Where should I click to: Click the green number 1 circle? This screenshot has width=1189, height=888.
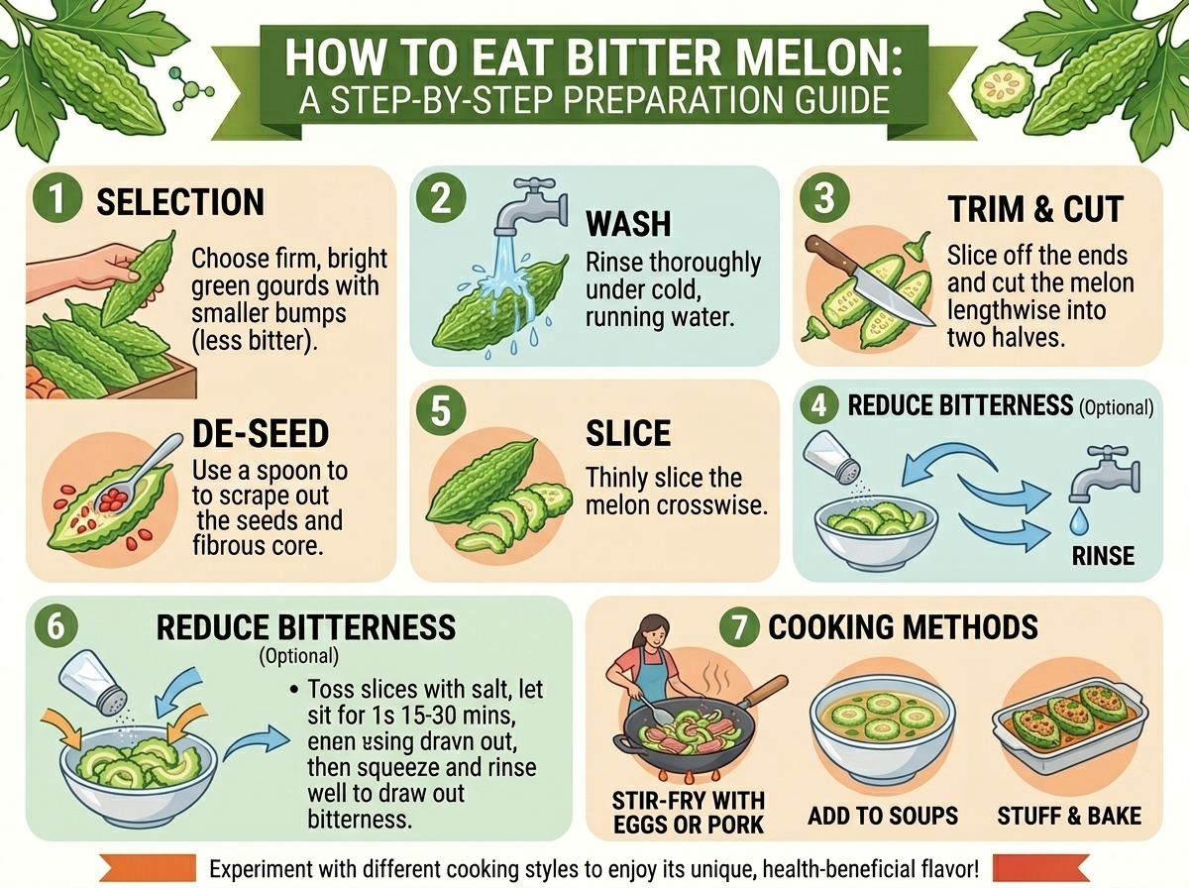(56, 199)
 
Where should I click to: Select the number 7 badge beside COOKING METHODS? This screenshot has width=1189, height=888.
(739, 628)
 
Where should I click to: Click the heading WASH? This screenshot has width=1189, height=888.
(628, 224)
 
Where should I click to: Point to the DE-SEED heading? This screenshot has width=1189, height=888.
(261, 433)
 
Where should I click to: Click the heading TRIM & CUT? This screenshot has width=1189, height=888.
(1035, 209)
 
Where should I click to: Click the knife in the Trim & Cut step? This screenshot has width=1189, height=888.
(869, 281)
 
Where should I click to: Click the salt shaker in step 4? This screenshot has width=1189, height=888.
(831, 457)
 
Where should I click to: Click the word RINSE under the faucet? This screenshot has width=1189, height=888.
(1104, 556)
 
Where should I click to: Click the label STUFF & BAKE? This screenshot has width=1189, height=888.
(1069, 816)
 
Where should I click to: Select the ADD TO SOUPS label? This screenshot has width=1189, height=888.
(883, 816)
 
